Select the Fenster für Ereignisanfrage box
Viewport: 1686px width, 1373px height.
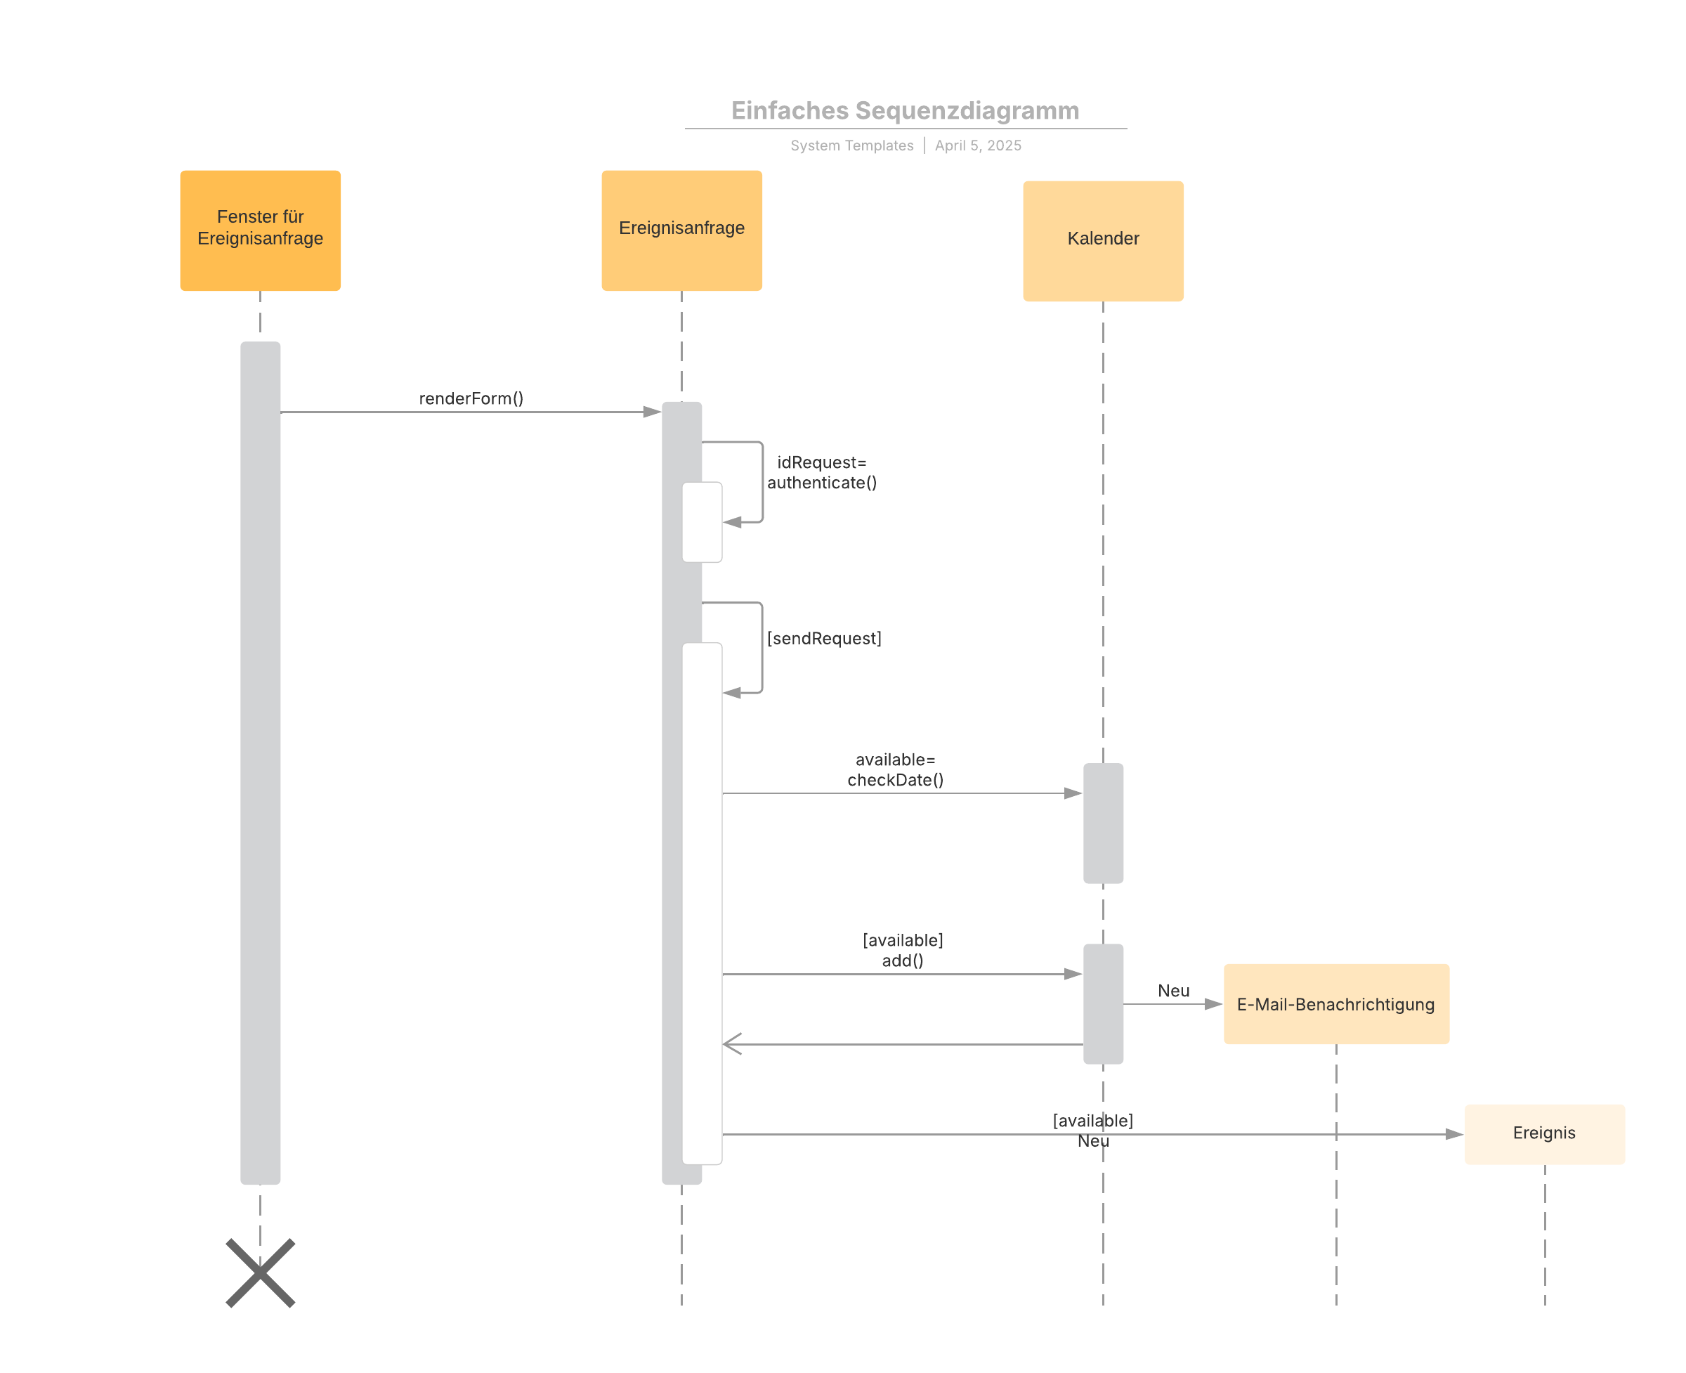pos(260,230)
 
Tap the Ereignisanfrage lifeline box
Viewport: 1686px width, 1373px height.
pos(681,230)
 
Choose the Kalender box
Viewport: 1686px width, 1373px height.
pos(1103,240)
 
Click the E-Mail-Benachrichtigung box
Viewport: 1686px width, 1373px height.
pos(1336,1003)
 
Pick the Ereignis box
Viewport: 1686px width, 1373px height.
pos(1544,1134)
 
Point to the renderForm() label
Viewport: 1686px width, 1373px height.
pos(471,398)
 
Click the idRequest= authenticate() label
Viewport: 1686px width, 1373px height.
pos(822,472)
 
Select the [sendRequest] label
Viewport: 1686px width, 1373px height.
pos(824,638)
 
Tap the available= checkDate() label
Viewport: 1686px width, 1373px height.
pos(895,769)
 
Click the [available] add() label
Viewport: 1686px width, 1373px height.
pos(902,950)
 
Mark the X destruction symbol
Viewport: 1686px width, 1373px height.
pos(260,1273)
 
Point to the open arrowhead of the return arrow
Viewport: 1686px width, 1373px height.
pos(732,1044)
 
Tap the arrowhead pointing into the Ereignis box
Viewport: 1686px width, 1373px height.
pos(1454,1134)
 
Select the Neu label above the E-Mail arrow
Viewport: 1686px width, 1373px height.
pos(1174,990)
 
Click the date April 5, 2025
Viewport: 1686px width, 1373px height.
pos(978,145)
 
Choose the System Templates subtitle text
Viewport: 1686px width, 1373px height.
pos(851,145)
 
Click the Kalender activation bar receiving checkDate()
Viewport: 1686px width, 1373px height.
pos(1103,824)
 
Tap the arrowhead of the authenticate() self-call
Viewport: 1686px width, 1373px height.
pos(732,522)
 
